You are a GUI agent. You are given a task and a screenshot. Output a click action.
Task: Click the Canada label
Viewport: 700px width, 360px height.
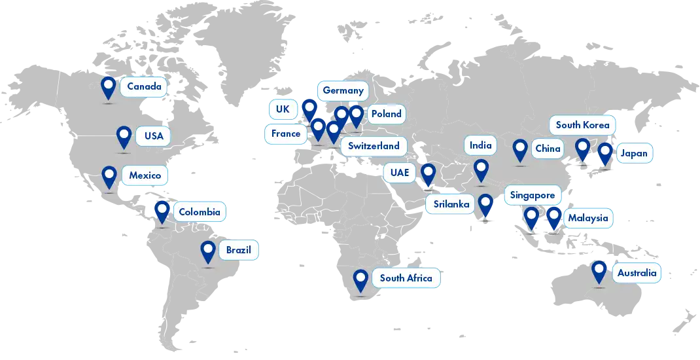click(144, 87)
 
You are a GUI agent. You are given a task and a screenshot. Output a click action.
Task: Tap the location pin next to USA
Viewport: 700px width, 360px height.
click(124, 137)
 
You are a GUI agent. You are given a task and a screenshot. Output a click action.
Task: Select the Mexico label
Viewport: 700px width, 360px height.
click(145, 176)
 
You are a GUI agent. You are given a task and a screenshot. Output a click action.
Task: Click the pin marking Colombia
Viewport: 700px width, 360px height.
click(162, 211)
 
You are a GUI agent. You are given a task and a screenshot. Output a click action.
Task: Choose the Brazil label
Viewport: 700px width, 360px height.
click(239, 251)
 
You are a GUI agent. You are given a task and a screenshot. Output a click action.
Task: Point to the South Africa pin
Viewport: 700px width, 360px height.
click(360, 280)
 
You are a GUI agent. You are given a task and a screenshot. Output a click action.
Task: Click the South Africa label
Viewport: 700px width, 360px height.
click(406, 278)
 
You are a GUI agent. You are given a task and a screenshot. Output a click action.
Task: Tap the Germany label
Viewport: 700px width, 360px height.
click(342, 90)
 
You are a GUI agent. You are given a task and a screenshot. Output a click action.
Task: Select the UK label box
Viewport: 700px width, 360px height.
click(283, 109)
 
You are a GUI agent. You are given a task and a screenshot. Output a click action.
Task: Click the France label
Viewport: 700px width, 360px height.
click(286, 134)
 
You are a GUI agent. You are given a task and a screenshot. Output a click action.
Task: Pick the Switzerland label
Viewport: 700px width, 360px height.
click(374, 146)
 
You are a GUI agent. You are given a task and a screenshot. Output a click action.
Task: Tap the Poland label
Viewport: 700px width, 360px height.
click(386, 114)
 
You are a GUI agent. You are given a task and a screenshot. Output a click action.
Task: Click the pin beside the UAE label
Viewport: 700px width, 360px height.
click(428, 173)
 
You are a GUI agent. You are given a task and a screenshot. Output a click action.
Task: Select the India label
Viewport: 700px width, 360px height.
click(480, 145)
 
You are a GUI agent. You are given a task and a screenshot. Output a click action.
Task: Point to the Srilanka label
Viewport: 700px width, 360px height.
click(451, 204)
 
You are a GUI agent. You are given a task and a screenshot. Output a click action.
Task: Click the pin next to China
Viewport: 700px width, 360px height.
click(520, 149)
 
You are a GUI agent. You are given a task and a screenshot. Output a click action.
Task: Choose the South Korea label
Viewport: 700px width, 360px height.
click(582, 125)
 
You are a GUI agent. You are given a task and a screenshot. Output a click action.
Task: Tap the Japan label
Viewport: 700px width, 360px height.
click(633, 154)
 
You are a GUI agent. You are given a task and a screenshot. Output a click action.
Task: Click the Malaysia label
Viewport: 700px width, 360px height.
click(587, 218)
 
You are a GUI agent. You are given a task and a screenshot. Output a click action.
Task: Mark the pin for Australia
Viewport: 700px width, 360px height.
click(599, 271)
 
